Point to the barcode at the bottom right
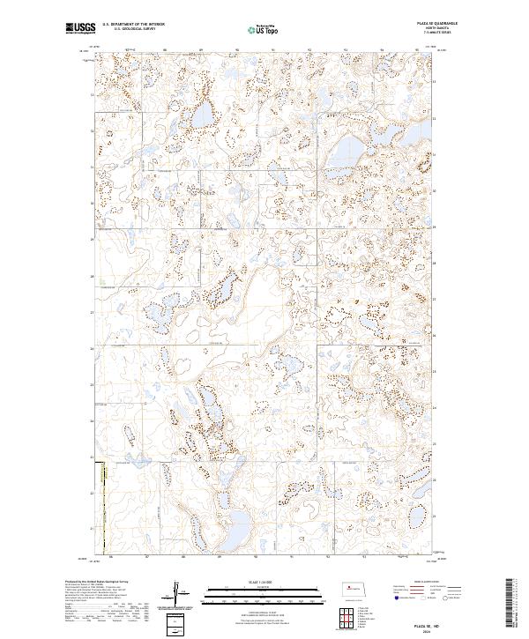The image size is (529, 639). click(x=509, y=604)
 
